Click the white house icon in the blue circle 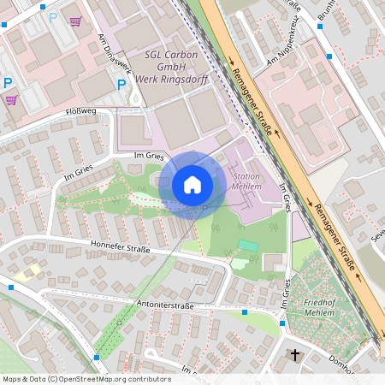(192, 184)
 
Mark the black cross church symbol (296, 354)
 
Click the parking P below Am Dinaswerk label (121, 85)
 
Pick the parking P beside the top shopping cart (53, 17)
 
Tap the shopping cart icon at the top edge (76, 20)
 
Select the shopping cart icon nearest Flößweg (10, 100)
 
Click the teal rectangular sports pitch (248, 246)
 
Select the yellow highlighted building (27, 273)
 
